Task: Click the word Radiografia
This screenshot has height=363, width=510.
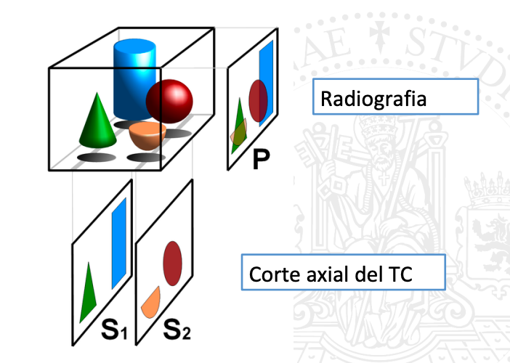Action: pyautogui.click(x=373, y=98)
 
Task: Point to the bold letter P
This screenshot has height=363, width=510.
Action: pyautogui.click(x=261, y=160)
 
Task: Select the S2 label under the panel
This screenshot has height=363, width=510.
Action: pyautogui.click(x=177, y=332)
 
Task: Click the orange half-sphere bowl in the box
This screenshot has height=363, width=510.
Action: pyautogui.click(x=147, y=135)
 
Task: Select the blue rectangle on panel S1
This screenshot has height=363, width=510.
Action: pyautogui.click(x=118, y=243)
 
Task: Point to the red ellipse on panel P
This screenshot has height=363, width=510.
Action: pyautogui.click(x=258, y=99)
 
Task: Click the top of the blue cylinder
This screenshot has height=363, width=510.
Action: pyautogui.click(x=134, y=46)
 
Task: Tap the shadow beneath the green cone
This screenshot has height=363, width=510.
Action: pyautogui.click(x=97, y=156)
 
